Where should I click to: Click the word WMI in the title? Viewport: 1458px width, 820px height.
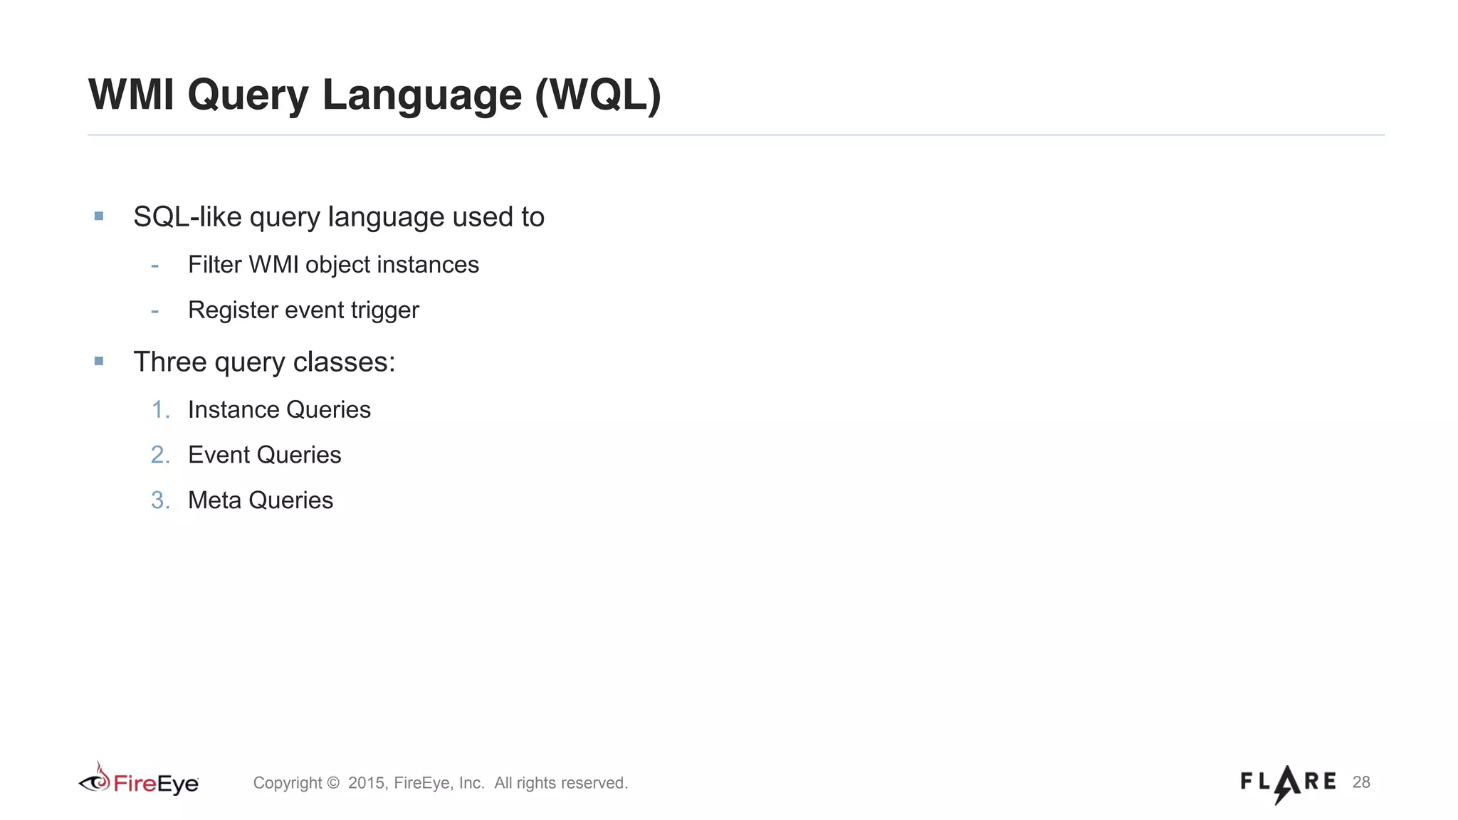[131, 95]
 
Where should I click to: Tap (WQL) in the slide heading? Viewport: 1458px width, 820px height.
[598, 95]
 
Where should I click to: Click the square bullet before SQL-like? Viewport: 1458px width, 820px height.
[99, 216]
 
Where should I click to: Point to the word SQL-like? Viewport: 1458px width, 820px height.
[187, 217]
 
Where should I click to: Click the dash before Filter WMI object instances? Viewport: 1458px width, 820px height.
[154, 266]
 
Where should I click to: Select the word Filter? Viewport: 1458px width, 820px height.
[214, 265]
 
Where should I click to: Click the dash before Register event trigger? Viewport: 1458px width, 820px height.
[154, 311]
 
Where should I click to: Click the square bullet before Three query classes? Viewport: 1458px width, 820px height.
[99, 361]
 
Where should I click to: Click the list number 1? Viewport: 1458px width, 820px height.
[160, 410]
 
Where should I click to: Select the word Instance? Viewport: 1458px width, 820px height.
[234, 410]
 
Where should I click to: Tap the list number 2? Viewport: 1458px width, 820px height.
[160, 455]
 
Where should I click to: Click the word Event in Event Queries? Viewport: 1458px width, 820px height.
[219, 455]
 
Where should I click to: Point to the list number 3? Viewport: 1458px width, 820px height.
[160, 500]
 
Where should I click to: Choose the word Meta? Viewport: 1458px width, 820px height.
[214, 500]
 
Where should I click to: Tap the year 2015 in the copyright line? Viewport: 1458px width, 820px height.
[366, 783]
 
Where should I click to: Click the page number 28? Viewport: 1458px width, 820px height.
[1361, 782]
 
